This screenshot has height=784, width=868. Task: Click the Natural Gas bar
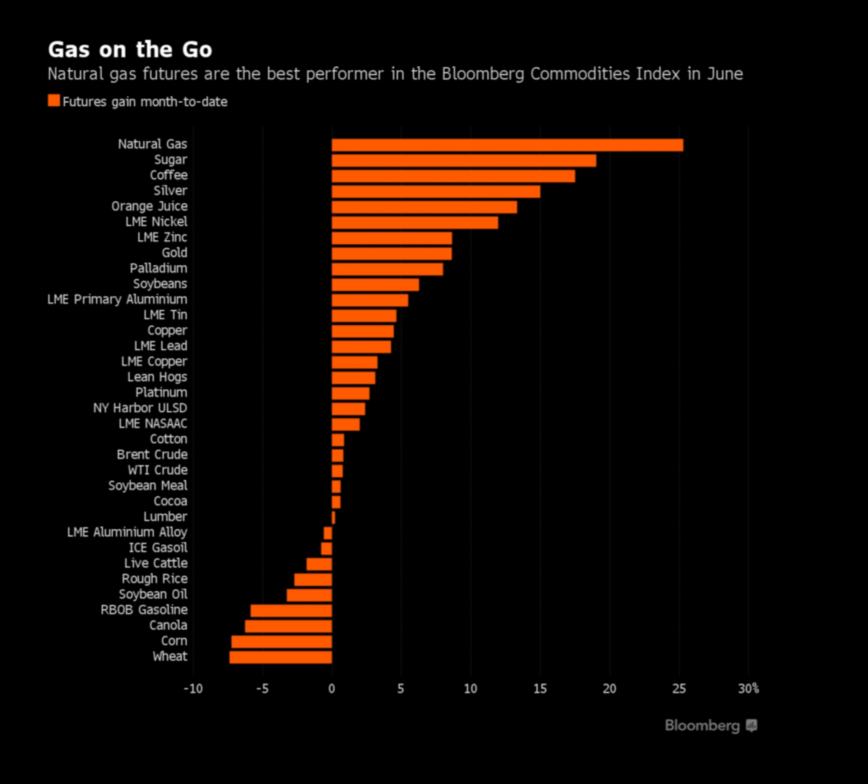pyautogui.click(x=507, y=145)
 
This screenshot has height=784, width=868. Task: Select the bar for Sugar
pyautogui.click(x=464, y=161)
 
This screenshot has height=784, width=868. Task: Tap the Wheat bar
pyautogui.click(x=281, y=657)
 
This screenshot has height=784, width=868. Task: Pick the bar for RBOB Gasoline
pyautogui.click(x=291, y=611)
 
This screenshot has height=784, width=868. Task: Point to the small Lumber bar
pyautogui.click(x=334, y=518)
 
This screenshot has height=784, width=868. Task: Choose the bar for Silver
pyautogui.click(x=436, y=192)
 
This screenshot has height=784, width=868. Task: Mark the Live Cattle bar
pyautogui.click(x=319, y=564)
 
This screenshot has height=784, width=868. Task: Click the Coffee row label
pyautogui.click(x=169, y=175)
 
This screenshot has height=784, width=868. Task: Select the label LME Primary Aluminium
pyautogui.click(x=117, y=299)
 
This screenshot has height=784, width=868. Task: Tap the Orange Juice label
pyautogui.click(x=149, y=206)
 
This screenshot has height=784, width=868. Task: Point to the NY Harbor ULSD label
pyautogui.click(x=140, y=408)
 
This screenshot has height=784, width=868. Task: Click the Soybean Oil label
pyautogui.click(x=153, y=594)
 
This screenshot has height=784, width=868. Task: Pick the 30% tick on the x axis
pyautogui.click(x=748, y=689)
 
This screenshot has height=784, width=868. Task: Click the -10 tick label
pyautogui.click(x=193, y=689)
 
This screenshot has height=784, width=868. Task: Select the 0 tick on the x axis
pyautogui.click(x=332, y=689)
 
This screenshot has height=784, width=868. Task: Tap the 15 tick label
pyautogui.click(x=540, y=689)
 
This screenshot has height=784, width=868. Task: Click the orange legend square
pyautogui.click(x=54, y=100)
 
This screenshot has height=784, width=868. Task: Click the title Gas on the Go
pyautogui.click(x=130, y=49)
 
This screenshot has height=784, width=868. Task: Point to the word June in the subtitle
pyautogui.click(x=725, y=74)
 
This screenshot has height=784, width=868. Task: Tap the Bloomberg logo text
pyautogui.click(x=702, y=726)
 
